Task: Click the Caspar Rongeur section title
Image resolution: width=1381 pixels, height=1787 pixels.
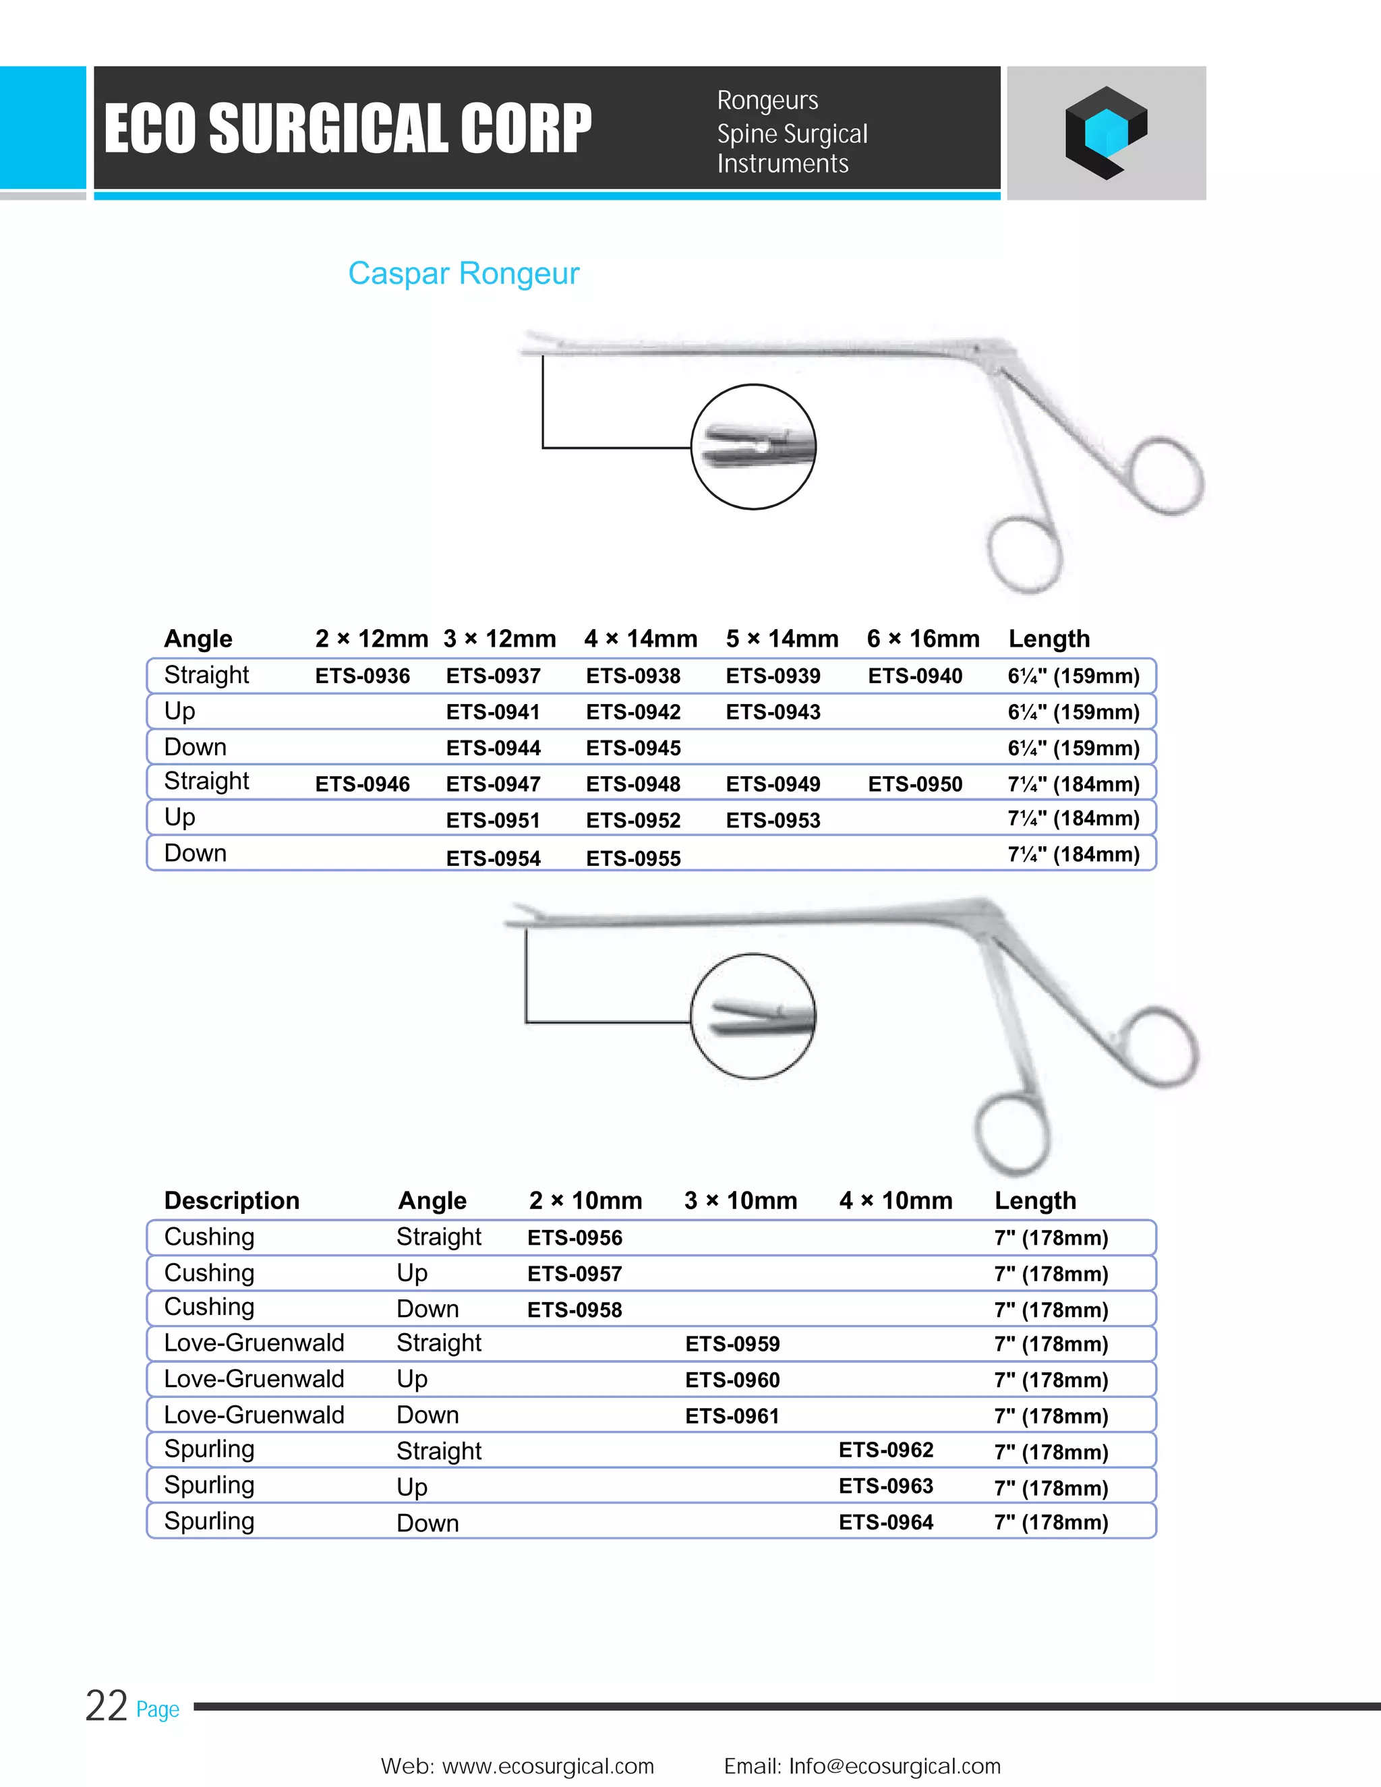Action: coord(463,273)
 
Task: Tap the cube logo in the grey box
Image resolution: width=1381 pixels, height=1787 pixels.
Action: coord(1105,133)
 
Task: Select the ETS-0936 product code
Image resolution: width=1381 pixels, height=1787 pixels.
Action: coord(362,676)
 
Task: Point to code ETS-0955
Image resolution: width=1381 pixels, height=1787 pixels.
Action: coord(633,858)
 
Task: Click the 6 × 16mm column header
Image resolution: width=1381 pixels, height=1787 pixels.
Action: coord(923,638)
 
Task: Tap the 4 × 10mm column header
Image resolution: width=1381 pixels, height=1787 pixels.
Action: coord(896,1200)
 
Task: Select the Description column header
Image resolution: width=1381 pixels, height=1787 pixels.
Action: coord(231,1200)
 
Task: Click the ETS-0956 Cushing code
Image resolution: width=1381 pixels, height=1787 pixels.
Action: coord(575,1238)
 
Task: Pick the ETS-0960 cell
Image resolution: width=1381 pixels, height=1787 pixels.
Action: coord(732,1380)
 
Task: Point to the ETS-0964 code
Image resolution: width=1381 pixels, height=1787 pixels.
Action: coord(886,1522)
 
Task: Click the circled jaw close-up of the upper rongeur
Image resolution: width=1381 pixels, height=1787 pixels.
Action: coord(753,446)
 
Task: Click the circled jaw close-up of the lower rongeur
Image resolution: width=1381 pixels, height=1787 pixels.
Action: coord(753,1016)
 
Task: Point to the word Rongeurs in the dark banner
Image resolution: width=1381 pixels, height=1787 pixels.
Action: coord(767,100)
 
